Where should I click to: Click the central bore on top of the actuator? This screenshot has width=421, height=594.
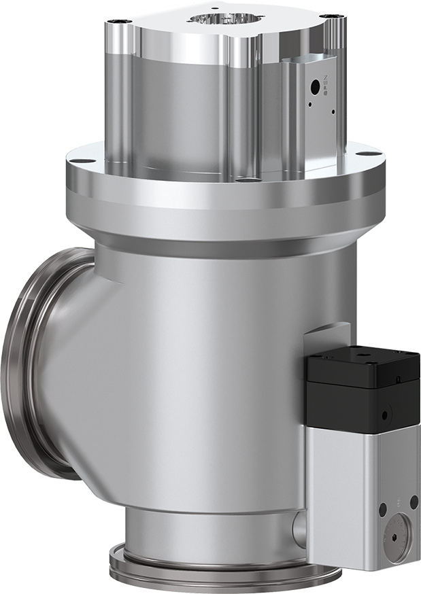click(225, 20)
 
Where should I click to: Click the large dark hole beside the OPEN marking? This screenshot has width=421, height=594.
click(315, 86)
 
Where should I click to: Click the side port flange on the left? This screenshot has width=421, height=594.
click(27, 360)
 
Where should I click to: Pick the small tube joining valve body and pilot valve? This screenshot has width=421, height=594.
click(299, 526)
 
